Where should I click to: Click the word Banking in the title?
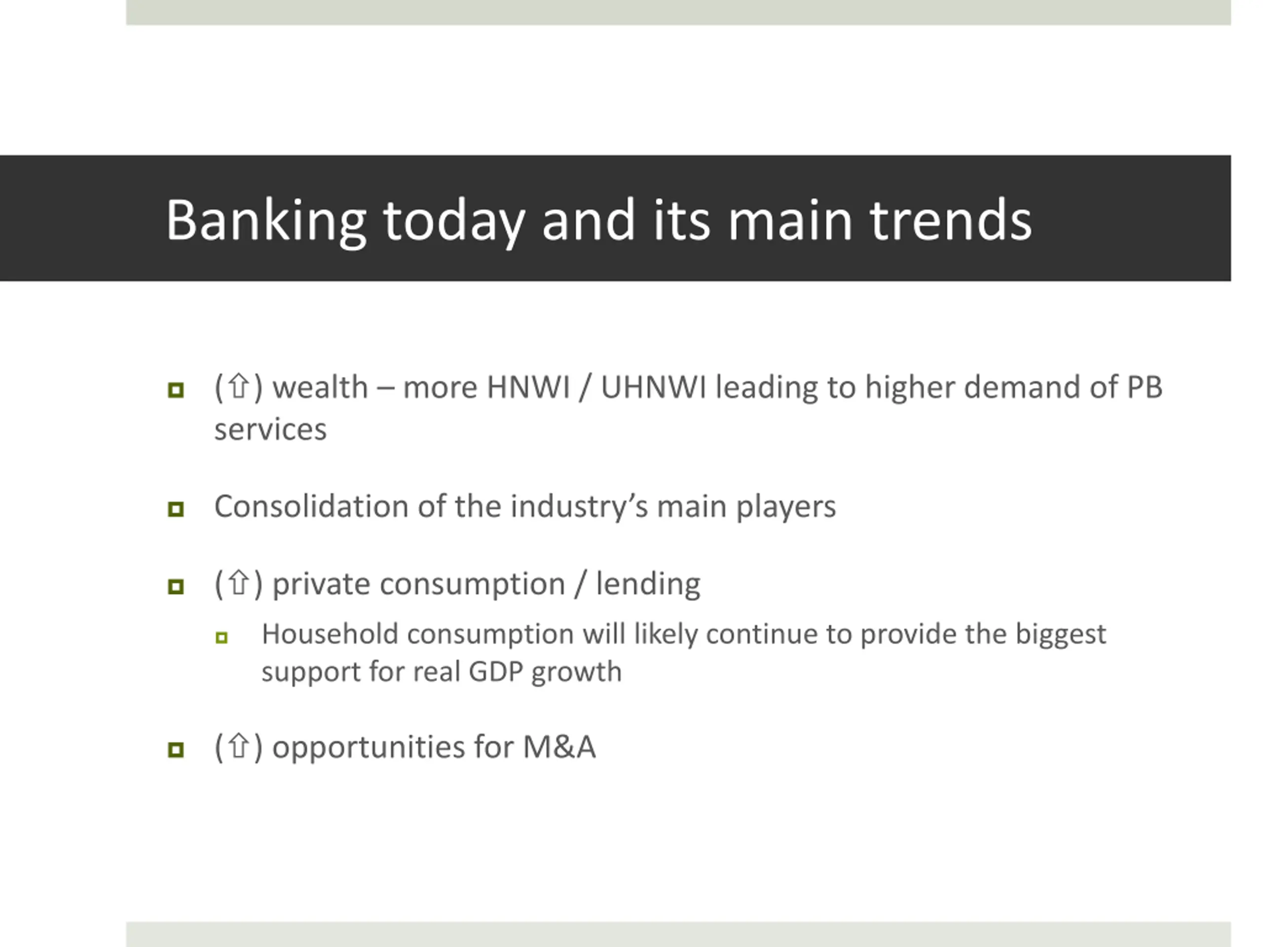pos(266,221)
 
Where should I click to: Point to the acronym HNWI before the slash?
pos(528,388)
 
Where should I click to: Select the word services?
pos(270,429)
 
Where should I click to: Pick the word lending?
pos(648,585)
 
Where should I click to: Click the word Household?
pos(330,634)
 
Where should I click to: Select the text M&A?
pos(559,747)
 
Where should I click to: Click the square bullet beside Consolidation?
pos(176,509)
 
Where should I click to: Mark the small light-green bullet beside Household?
pos(222,638)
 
